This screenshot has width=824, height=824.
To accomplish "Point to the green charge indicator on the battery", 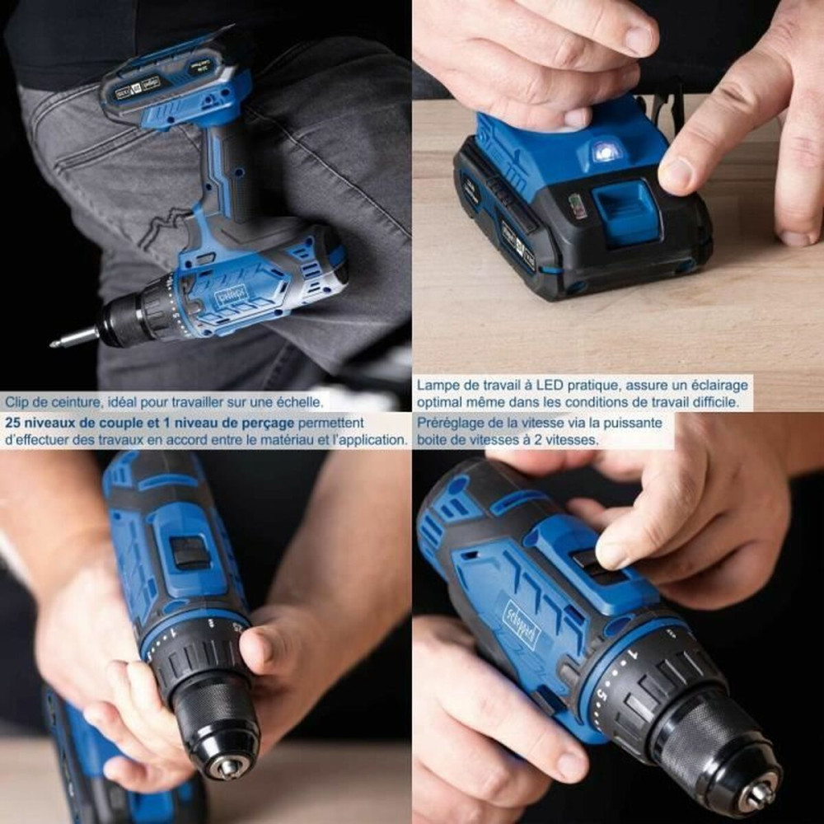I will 578,205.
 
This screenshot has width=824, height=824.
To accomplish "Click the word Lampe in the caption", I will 436,385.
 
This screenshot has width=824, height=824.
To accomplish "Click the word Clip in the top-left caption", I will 18,402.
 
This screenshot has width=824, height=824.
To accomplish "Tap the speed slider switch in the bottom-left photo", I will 191,550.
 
